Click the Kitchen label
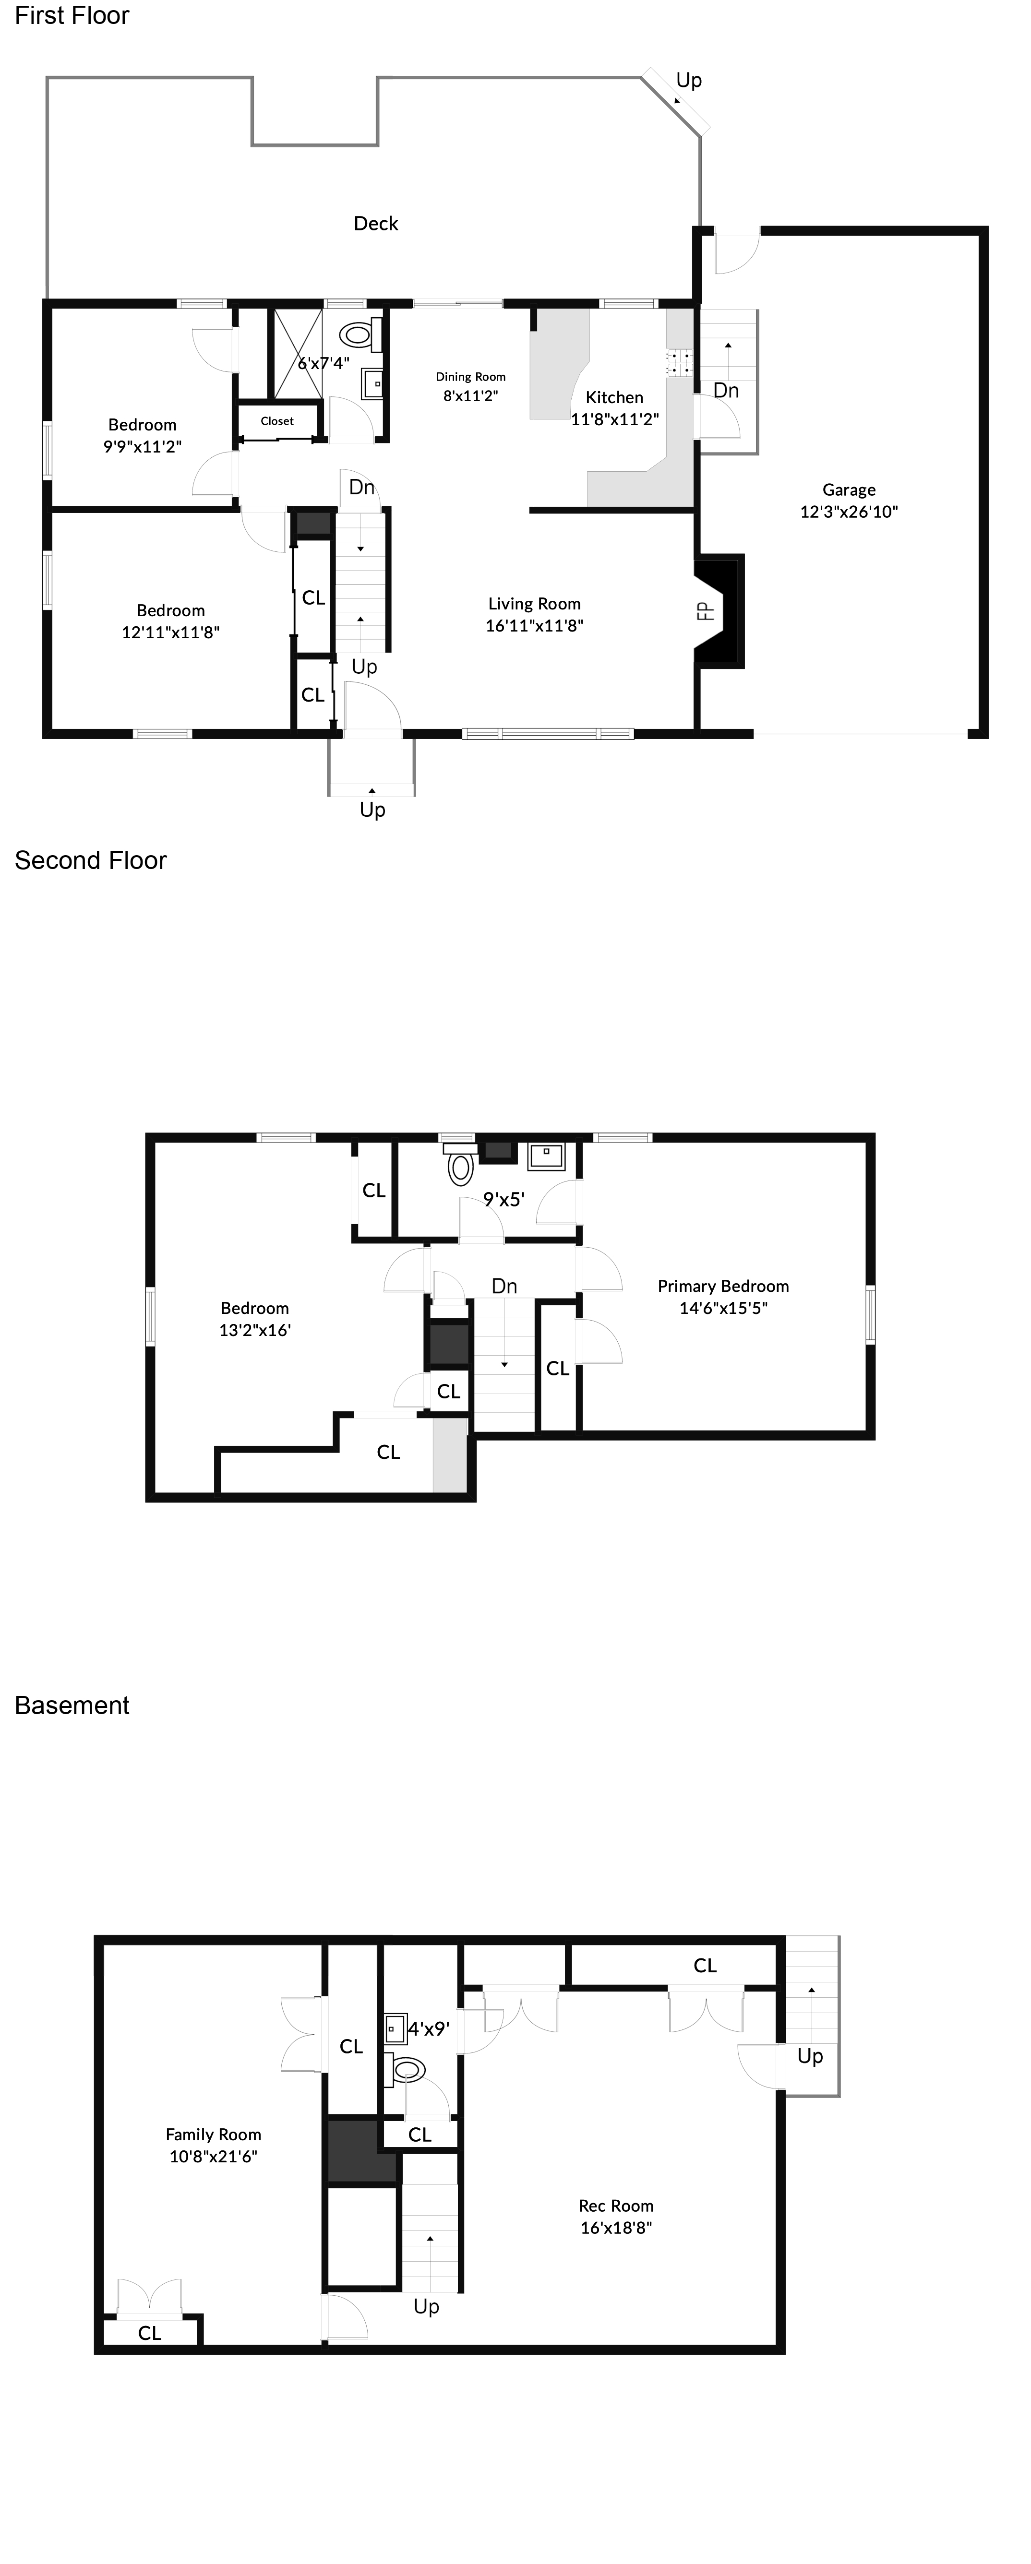click(x=614, y=397)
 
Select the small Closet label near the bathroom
click(x=276, y=421)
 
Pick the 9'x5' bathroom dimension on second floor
click(x=504, y=1199)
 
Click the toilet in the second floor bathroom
click(x=460, y=1167)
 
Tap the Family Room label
click(x=213, y=2134)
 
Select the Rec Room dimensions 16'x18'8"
click(x=616, y=2228)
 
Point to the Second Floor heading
click(x=91, y=860)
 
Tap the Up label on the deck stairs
click(x=689, y=80)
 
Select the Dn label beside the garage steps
click(x=725, y=390)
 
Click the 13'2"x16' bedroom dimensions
click(x=255, y=1330)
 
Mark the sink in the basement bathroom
click(x=394, y=2027)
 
